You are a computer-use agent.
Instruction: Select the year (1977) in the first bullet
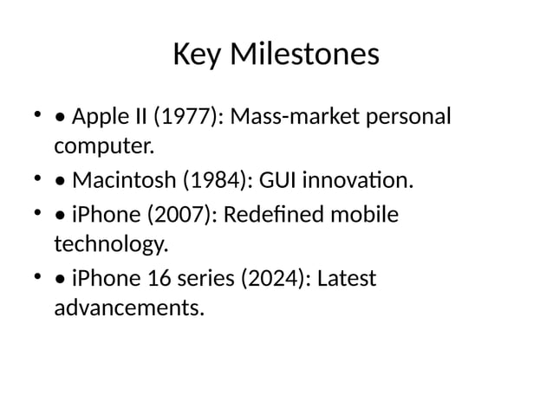pos(186,116)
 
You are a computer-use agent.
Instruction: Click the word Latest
pos(347,279)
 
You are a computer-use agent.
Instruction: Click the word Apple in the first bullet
pos(98,116)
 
